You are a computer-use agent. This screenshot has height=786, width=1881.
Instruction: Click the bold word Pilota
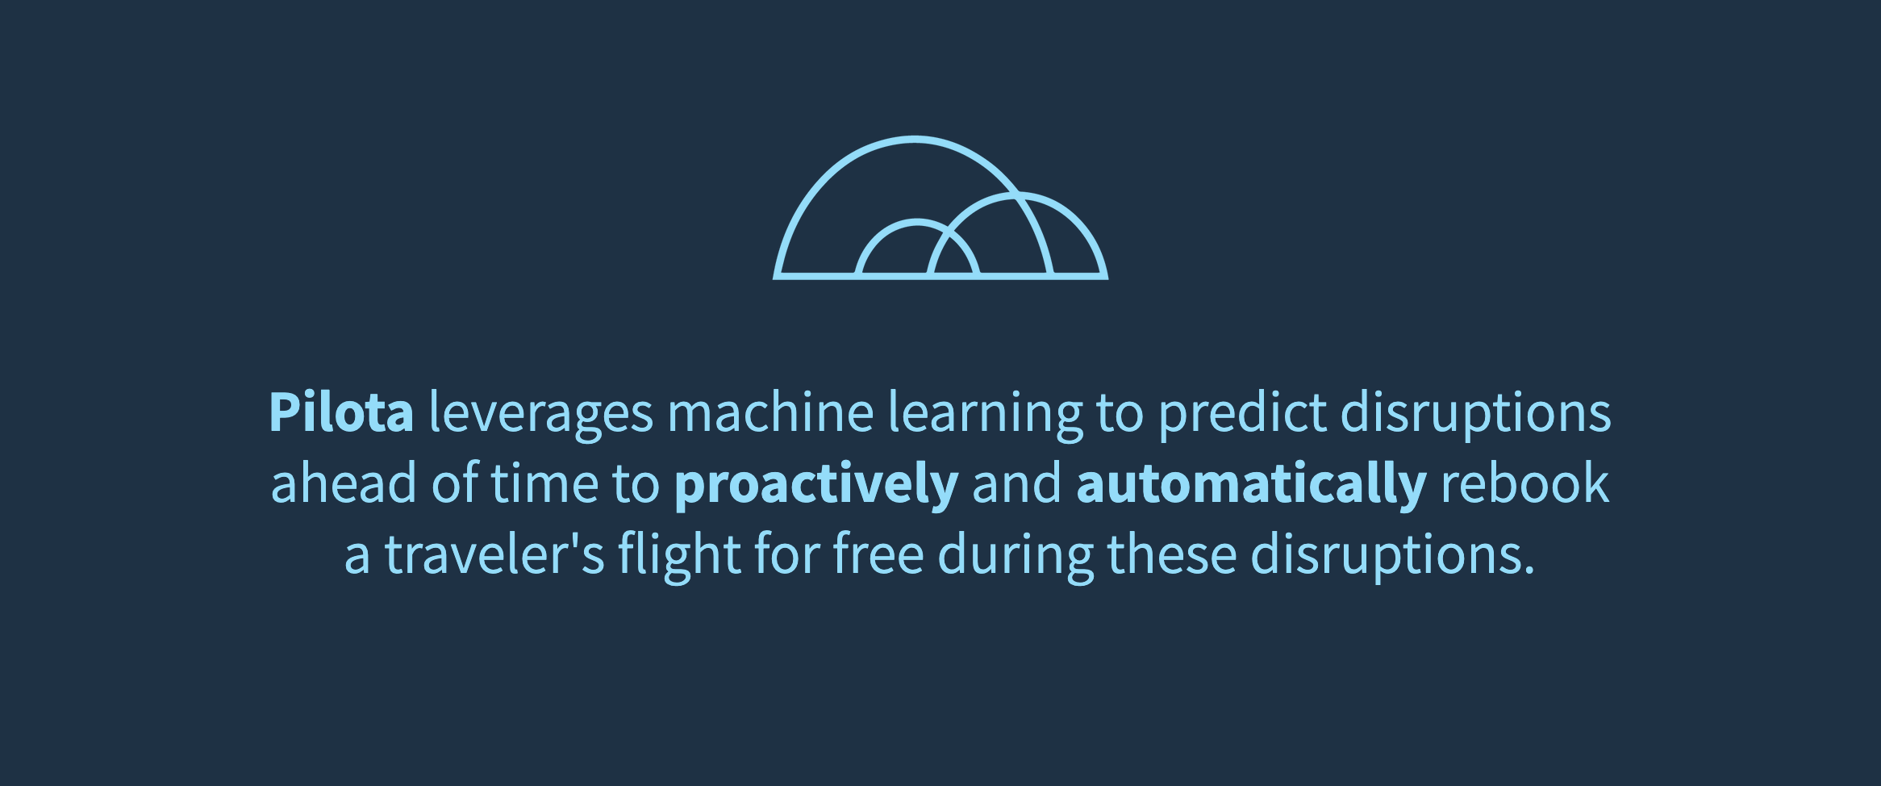[341, 412]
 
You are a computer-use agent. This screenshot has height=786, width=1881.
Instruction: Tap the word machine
[770, 412]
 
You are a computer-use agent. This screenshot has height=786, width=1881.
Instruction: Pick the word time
[544, 483]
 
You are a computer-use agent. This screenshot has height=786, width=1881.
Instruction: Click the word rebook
[1525, 483]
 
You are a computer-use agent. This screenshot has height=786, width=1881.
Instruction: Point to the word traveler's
[494, 554]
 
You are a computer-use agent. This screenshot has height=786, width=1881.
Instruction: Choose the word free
[878, 554]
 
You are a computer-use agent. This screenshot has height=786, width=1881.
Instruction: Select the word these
[1172, 554]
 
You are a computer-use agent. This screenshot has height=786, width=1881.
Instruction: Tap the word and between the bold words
[1017, 483]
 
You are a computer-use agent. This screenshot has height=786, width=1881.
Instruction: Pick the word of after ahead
[454, 483]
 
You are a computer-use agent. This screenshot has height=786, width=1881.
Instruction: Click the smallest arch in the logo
[917, 221]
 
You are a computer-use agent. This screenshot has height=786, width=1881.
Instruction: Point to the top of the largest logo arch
[914, 138]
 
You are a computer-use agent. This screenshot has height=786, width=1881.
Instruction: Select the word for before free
[786, 554]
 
